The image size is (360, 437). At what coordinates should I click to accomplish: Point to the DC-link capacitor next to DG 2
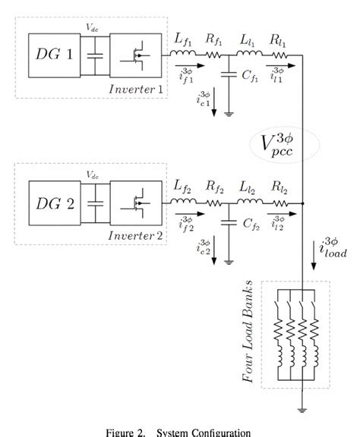(x=94, y=203)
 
